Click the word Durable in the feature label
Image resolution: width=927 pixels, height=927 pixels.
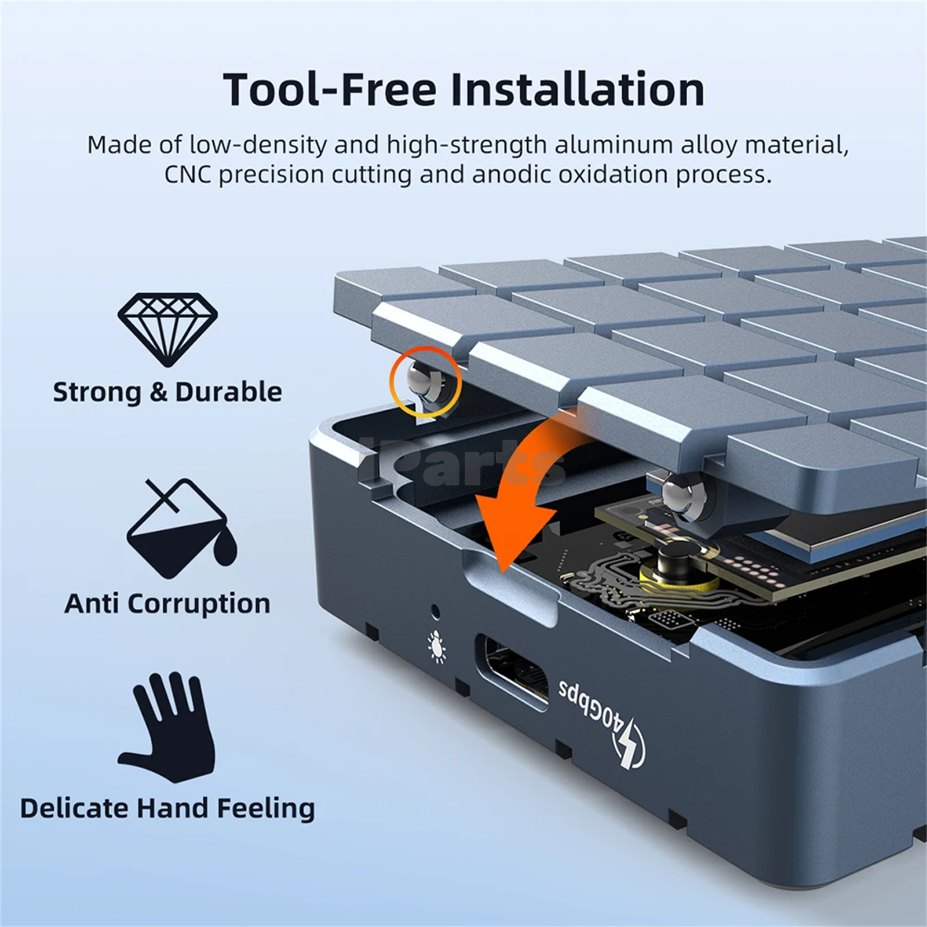tap(228, 392)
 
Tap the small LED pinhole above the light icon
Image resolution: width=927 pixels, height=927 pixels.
tap(435, 611)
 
